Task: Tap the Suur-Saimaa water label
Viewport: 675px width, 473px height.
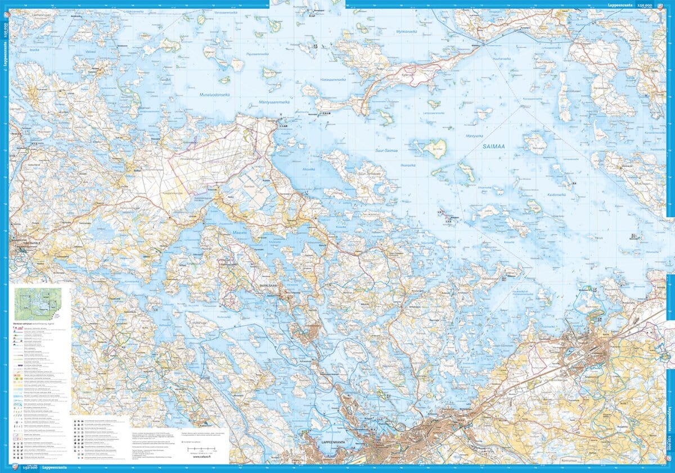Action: [x=386, y=151]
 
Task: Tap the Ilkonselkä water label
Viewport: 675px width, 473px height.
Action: [x=407, y=166]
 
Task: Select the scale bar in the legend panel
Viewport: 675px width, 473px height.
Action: [x=203, y=449]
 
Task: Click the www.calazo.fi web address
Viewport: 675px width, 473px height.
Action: [x=202, y=456]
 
